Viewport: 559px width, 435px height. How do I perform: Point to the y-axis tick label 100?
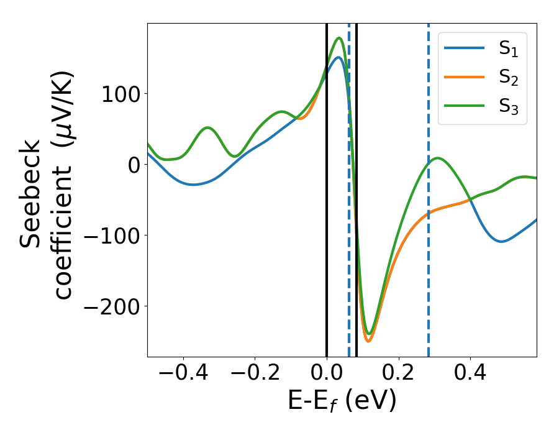point(120,93)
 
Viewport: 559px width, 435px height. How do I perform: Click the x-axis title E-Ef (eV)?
point(342,401)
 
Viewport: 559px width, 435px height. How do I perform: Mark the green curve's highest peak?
point(339,38)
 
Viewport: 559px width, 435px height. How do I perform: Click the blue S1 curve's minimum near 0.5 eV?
point(501,241)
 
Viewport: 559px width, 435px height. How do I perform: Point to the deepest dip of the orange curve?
point(368,341)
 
